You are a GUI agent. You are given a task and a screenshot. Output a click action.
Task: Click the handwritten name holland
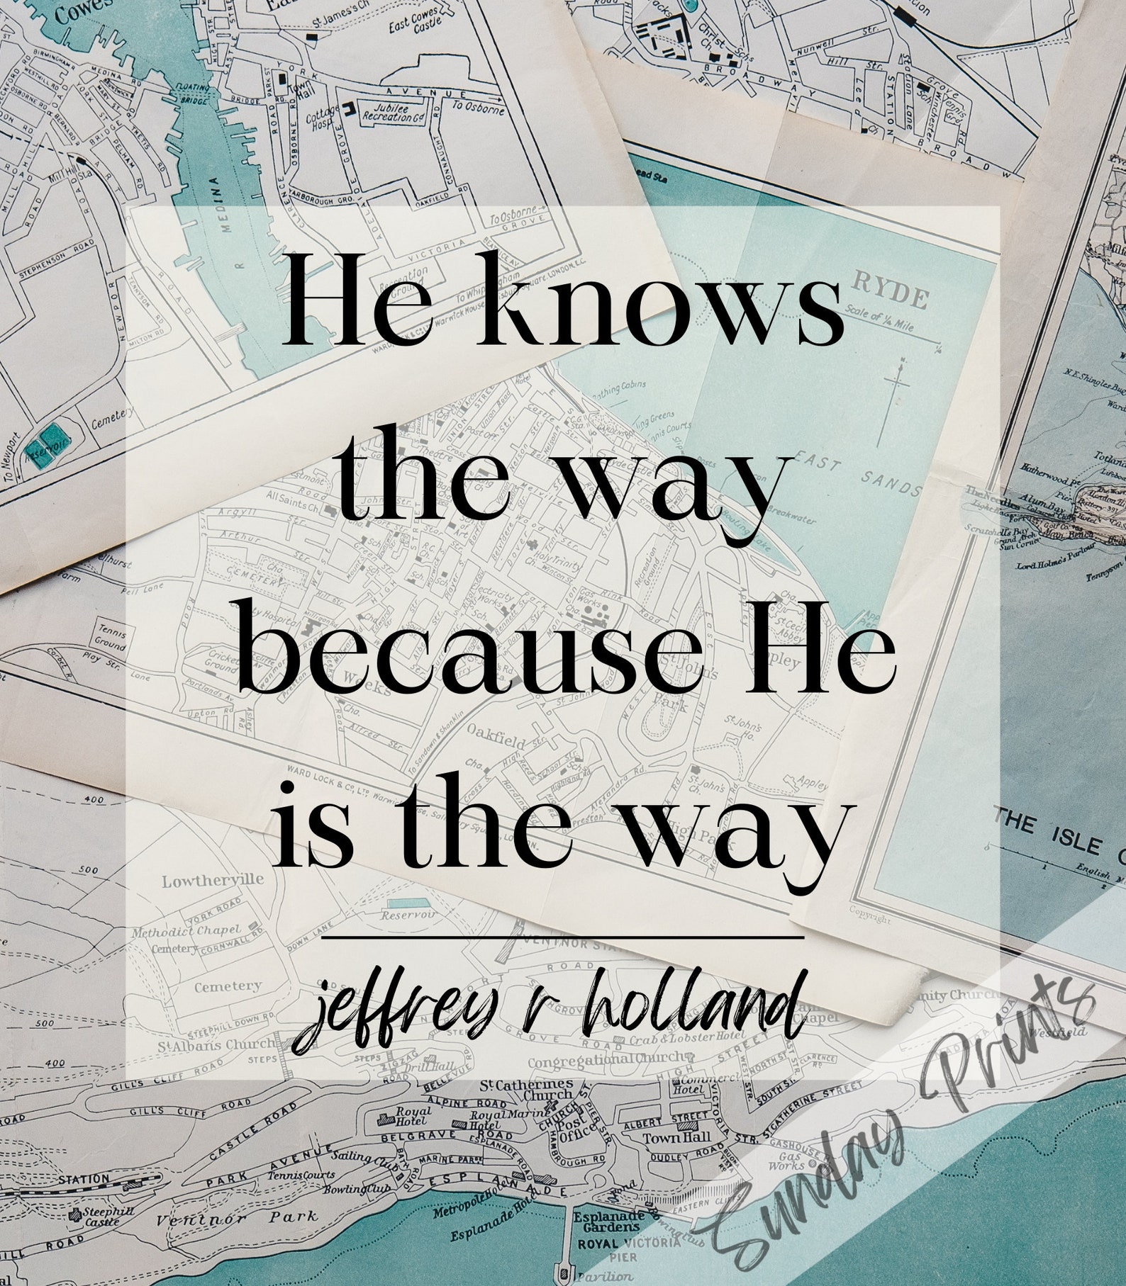pos(686,1005)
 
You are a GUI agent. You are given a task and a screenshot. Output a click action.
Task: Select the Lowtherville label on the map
pos(203,881)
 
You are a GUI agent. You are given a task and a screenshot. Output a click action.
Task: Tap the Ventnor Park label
pos(238,1218)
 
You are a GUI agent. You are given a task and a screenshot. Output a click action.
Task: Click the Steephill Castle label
pos(100,1215)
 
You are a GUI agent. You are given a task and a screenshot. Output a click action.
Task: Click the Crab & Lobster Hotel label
pos(669,1039)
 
